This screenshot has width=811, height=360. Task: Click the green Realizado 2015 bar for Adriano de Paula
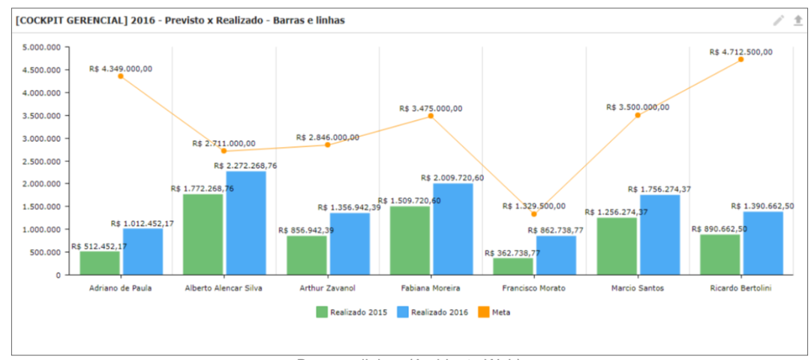coord(100,262)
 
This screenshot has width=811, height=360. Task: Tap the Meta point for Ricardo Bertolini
coord(740,59)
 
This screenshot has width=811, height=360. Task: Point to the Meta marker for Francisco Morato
coord(534,214)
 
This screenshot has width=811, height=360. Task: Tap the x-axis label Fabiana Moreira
coord(431,288)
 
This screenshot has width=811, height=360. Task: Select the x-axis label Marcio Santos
coord(638,288)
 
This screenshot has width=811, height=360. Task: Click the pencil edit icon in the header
coord(779,20)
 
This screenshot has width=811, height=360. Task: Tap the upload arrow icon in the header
coord(798,20)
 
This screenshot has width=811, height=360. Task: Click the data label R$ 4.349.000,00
coord(120,68)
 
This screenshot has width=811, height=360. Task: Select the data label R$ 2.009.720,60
coord(452,178)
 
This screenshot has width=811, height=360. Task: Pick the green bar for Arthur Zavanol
coord(306,255)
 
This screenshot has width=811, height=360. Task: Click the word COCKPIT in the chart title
coord(42,20)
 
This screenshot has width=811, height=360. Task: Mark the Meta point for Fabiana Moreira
coord(431,115)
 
